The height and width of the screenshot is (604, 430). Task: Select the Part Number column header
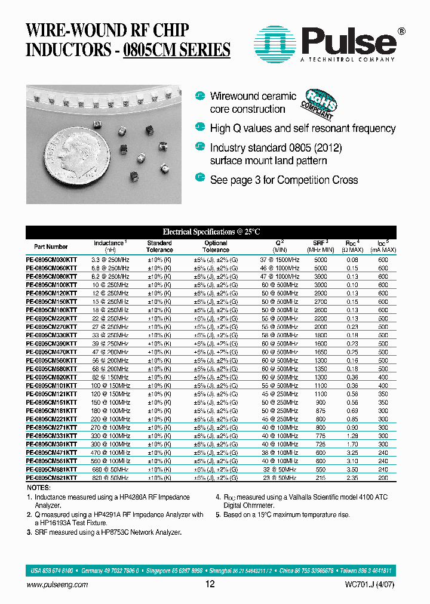pos(51,246)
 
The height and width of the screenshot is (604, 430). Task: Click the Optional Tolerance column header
pos(216,246)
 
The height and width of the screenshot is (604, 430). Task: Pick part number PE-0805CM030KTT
pos(51,260)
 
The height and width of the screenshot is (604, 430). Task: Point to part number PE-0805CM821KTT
pos(51,478)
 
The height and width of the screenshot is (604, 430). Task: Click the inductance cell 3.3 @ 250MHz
pos(110,260)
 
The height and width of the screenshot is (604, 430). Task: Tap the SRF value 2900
pos(321,294)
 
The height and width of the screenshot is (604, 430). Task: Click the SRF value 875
pos(321,411)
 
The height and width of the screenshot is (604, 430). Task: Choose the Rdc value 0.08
pos(352,260)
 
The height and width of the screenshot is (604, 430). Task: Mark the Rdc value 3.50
pos(352,470)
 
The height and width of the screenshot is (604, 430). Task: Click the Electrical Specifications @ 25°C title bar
pos(211,232)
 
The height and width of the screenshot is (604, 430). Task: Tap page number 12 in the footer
pos(210,584)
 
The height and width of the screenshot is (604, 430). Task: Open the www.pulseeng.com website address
pos(57,585)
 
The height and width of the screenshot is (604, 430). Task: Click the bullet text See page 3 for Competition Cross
pos(284,180)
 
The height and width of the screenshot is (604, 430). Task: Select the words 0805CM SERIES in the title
pos(176,50)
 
